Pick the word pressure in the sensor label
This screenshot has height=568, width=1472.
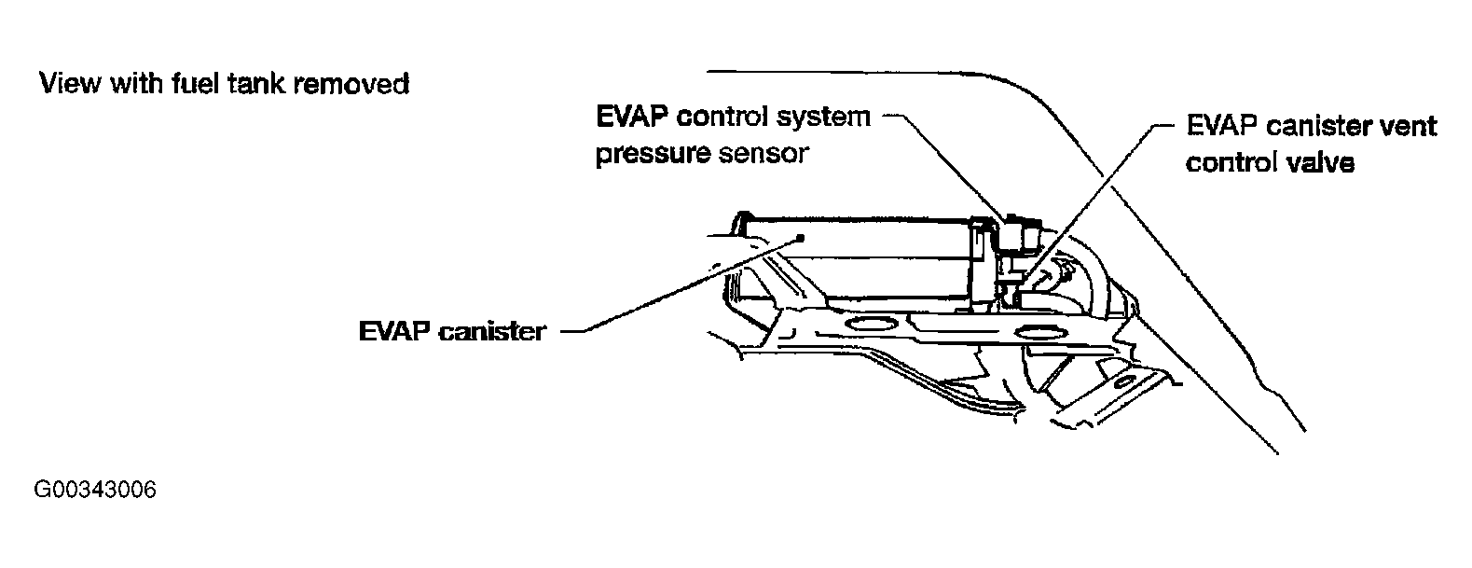point(653,154)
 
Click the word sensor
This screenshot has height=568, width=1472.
point(764,154)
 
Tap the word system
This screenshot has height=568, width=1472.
point(824,118)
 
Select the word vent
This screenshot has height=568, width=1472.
point(1406,126)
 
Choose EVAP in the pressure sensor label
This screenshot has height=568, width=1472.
point(631,118)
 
